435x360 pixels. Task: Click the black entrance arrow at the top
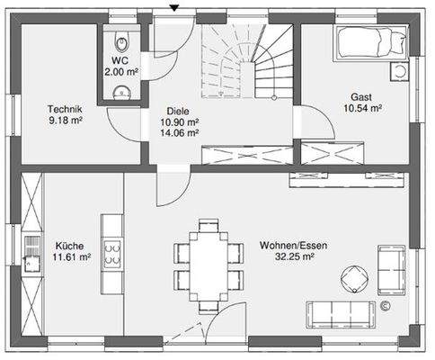point(173,8)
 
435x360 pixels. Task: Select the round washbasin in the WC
point(122,92)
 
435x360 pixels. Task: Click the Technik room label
point(65,109)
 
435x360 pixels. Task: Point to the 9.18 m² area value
point(66,121)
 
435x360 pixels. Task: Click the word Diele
point(178,112)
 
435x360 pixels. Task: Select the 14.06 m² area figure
point(180,132)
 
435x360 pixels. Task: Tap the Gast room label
point(361,97)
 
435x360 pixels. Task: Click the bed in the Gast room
point(371,43)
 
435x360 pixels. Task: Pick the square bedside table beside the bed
point(400,71)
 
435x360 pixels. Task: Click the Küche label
point(69,246)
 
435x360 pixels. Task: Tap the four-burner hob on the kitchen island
point(112,254)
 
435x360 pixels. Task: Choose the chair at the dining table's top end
point(209,225)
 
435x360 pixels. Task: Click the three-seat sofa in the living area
point(341,315)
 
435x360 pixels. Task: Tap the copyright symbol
point(386,306)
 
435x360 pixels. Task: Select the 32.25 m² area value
point(295,257)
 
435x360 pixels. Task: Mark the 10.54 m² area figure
point(362,108)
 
